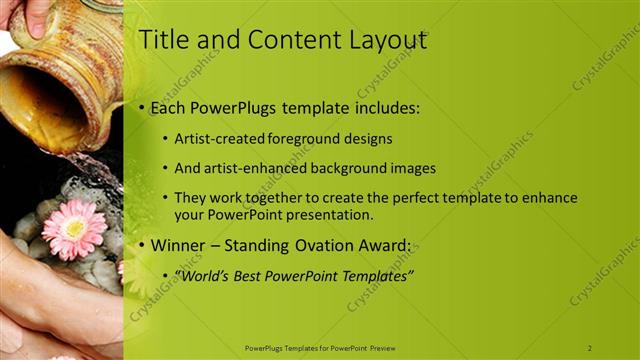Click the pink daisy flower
click(73, 228)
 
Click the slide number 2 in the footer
click(590, 348)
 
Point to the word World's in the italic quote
click(202, 275)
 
